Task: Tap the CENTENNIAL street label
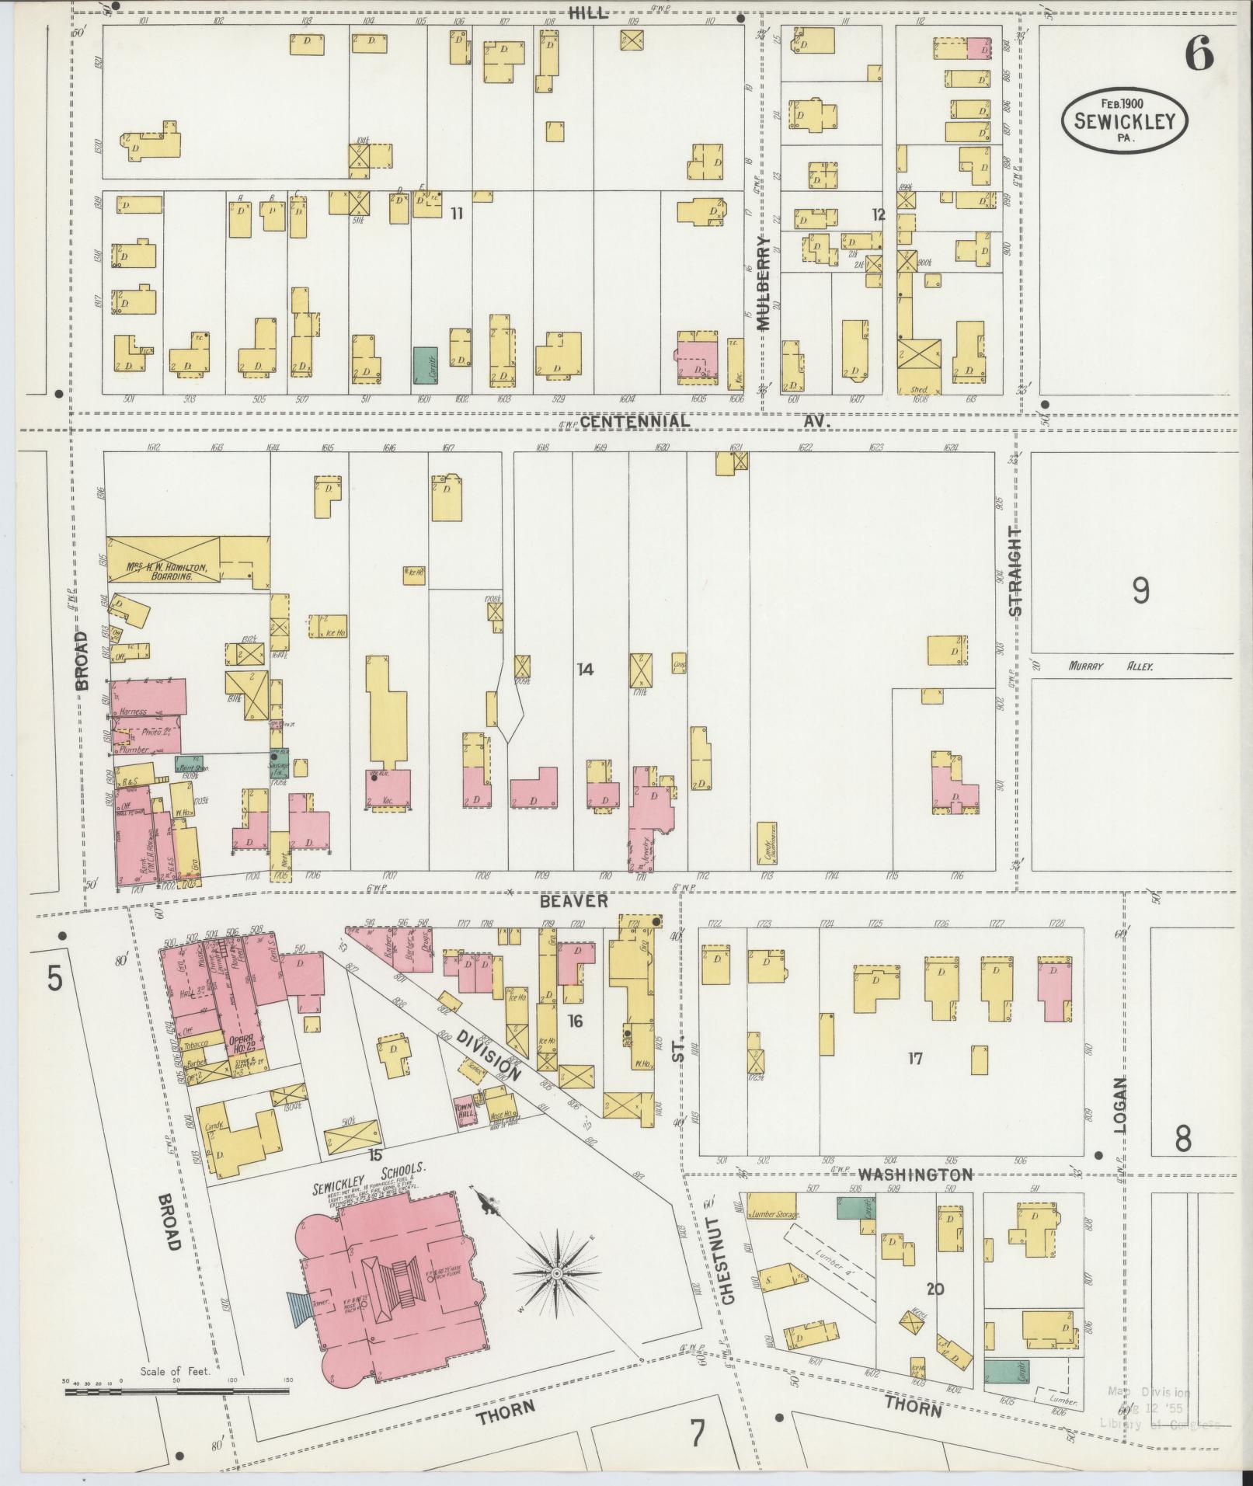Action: click(x=634, y=421)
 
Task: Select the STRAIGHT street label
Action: click(x=1015, y=571)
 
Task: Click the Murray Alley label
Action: click(x=1111, y=666)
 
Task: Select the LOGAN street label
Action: click(x=1119, y=1105)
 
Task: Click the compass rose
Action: click(x=556, y=1275)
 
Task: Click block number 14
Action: click(x=585, y=669)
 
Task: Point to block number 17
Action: click(x=915, y=1058)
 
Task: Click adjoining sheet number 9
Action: click(x=1140, y=592)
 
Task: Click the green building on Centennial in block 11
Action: click(x=424, y=365)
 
